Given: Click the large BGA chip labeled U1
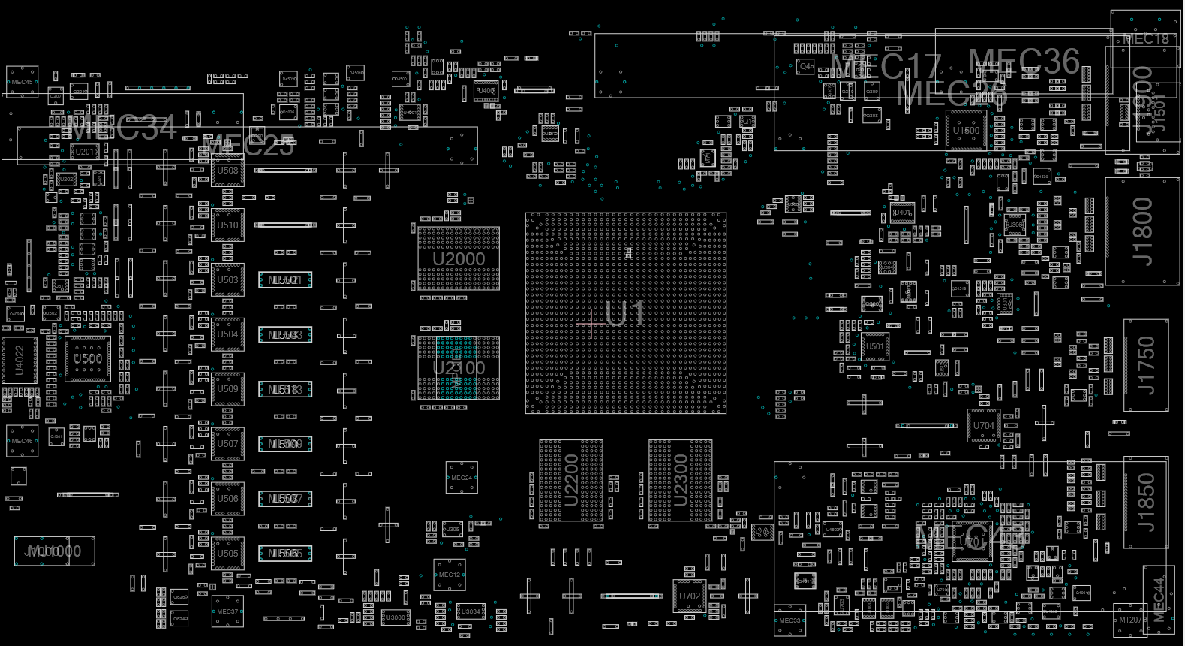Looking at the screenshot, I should pos(625,312).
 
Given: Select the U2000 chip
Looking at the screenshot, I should pos(459,258).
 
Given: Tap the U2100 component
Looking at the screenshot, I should pos(459,368).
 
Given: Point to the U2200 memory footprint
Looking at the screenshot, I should pos(571,481).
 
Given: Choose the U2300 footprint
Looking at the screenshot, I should pos(681,481).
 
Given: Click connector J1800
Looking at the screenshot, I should pos(1142,231).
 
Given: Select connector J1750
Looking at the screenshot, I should pos(1146,365).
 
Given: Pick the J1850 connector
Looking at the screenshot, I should pos(1146,502).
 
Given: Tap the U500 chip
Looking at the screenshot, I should pos(88,359).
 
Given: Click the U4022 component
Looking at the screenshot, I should pos(20,361).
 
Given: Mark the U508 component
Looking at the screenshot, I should pos(227,171).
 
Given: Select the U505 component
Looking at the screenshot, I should pos(227,554).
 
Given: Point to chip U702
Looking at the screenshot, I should pos(689,596).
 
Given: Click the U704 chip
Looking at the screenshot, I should pos(983,426).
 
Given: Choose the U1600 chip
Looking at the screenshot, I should pos(966,131).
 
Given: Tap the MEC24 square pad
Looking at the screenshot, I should pos(462,478).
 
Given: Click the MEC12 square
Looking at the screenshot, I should pos(450,575).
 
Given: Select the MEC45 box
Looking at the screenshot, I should pos(22,82).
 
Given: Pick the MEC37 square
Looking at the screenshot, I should pos(227,611).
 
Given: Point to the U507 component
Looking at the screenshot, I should pos(227,444).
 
